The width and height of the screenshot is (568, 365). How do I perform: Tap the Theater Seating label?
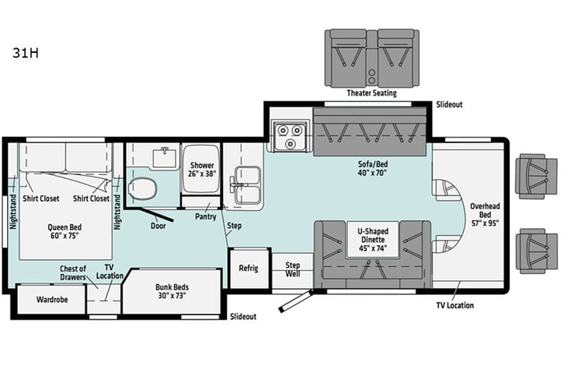tap(371, 93)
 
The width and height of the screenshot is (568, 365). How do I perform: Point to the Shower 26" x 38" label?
tap(201, 170)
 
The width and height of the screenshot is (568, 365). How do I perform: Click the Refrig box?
tap(249, 268)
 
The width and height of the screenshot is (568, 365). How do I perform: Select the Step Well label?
tap(292, 269)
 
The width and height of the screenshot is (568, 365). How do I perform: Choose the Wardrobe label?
tap(50, 300)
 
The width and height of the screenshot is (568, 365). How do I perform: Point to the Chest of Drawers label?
tap(73, 273)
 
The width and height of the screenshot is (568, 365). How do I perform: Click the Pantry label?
tap(205, 216)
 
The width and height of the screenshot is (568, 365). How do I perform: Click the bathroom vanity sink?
tap(164, 158)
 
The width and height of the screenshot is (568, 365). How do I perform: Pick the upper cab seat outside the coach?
tap(536, 175)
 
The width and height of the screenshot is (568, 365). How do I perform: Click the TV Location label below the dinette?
tap(455, 305)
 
